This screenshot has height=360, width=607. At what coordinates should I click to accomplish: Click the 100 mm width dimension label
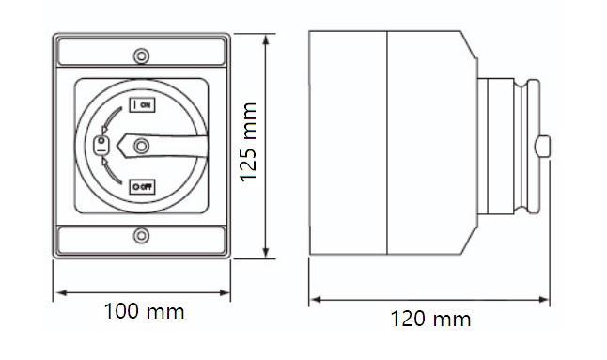[x=144, y=311]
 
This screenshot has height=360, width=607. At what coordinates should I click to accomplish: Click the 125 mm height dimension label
[x=248, y=142]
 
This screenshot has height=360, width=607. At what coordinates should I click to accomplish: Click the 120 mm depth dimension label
[x=430, y=319]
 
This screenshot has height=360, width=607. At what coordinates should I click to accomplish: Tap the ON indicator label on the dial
[x=142, y=104]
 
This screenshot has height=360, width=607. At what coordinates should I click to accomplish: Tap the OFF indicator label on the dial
[x=142, y=187]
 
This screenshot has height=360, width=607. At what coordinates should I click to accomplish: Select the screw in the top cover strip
[x=141, y=55]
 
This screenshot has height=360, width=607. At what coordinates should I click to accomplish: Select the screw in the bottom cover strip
[x=141, y=235]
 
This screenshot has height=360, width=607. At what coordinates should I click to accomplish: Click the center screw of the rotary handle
[x=141, y=146]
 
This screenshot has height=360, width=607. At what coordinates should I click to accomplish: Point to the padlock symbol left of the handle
[x=101, y=146]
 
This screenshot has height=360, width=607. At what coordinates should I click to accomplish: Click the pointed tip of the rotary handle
[x=117, y=146]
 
